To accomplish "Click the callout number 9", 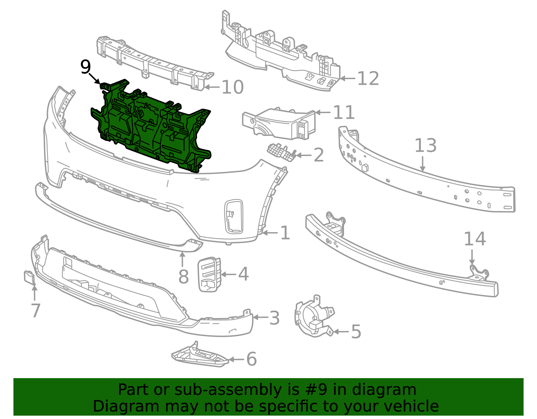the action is pyautogui.click(x=86, y=67).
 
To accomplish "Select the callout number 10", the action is pyautogui.click(x=233, y=87).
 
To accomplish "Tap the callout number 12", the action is pyautogui.click(x=368, y=78).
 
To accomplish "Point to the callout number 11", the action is pyautogui.click(x=344, y=112).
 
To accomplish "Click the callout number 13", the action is pyautogui.click(x=425, y=145).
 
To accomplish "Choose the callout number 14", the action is pyautogui.click(x=475, y=239).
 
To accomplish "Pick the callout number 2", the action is pyautogui.click(x=319, y=155).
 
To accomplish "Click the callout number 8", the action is pyautogui.click(x=183, y=276).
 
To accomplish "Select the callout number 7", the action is pyautogui.click(x=36, y=310).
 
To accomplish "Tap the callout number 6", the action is pyautogui.click(x=252, y=359).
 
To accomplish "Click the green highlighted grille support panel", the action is pyautogui.click(x=151, y=126).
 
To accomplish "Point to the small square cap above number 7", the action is pyautogui.click(x=29, y=277).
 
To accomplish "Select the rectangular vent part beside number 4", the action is pyautogui.click(x=209, y=274).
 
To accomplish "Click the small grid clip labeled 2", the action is pyautogui.click(x=281, y=152).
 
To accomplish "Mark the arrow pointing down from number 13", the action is pyautogui.click(x=423, y=163).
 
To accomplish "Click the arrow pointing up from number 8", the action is pyautogui.click(x=182, y=260).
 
